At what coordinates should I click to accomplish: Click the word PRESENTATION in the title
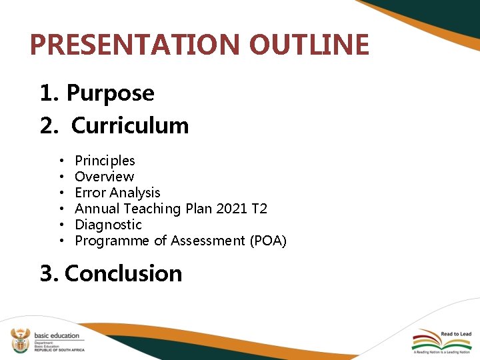(x=135, y=45)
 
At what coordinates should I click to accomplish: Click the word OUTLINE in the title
(x=309, y=45)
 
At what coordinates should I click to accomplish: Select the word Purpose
(x=110, y=93)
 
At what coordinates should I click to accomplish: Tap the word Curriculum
(x=130, y=125)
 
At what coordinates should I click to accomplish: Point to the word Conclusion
(x=123, y=273)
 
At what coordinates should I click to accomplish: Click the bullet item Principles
(x=105, y=161)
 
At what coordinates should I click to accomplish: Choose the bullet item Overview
(x=104, y=177)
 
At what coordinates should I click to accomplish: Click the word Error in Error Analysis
(x=90, y=193)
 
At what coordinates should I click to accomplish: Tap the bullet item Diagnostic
(x=108, y=225)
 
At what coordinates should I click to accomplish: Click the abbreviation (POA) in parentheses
(x=268, y=241)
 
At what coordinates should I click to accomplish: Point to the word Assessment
(x=208, y=241)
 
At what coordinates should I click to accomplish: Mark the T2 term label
(x=259, y=209)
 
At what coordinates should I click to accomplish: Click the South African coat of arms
(x=19, y=341)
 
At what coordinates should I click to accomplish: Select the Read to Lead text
(x=455, y=334)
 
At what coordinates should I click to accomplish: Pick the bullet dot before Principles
(x=61, y=161)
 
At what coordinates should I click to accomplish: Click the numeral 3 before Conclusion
(x=46, y=273)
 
